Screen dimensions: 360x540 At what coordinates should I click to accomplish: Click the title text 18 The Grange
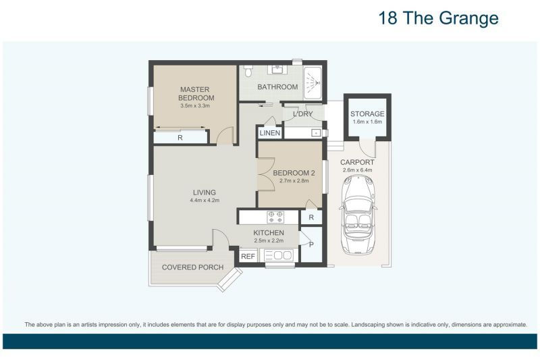(439, 18)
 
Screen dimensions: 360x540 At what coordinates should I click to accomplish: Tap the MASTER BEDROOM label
(194, 93)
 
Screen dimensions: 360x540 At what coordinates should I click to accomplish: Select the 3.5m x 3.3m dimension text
(195, 106)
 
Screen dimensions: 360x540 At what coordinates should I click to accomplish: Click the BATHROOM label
(277, 87)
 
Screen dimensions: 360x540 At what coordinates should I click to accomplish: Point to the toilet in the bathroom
(248, 71)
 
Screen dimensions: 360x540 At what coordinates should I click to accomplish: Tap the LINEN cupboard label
(270, 134)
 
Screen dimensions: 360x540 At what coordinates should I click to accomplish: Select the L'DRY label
(302, 114)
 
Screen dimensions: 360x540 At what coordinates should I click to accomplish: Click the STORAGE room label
(367, 114)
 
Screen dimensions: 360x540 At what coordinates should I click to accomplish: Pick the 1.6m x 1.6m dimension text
(367, 122)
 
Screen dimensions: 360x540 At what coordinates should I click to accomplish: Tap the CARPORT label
(357, 162)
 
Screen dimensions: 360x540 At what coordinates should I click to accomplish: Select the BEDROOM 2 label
(290, 173)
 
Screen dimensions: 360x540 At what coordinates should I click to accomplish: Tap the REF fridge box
(248, 256)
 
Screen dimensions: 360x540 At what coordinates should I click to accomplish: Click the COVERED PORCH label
(192, 267)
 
